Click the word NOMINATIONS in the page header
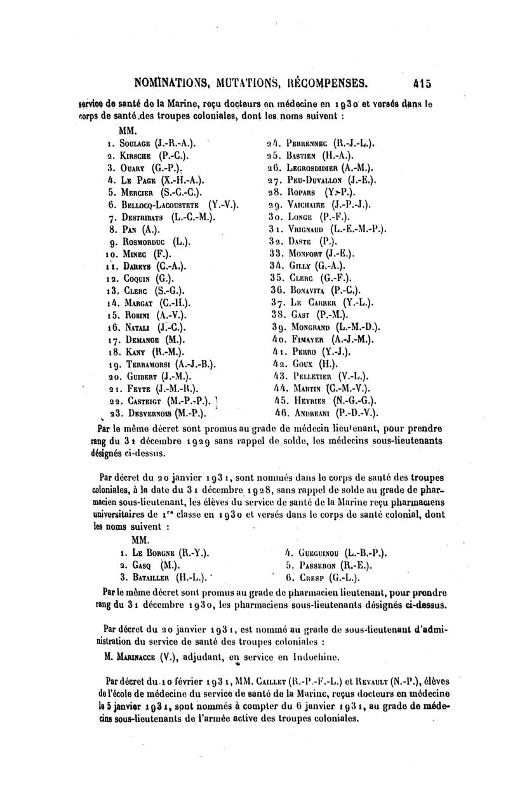point(173,82)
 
